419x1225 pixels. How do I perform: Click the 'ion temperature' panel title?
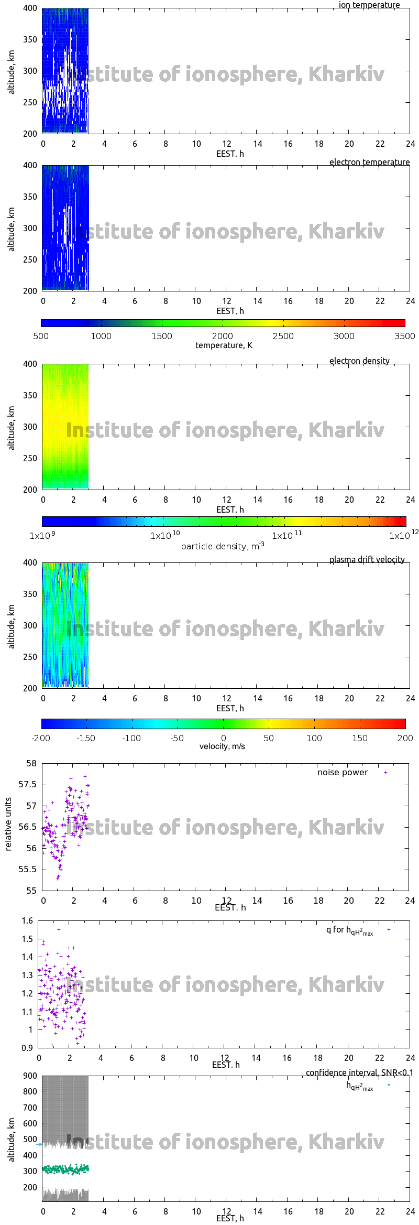369,5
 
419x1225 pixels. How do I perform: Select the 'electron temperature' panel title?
369,162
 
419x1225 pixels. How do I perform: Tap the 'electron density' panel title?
359,361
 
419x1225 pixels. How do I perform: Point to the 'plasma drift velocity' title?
367,560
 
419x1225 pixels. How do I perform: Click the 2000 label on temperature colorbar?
223,337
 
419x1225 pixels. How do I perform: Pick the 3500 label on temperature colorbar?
404,337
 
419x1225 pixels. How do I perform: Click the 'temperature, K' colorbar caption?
224,345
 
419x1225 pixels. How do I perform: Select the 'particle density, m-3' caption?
223,546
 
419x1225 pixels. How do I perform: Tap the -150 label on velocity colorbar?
86,738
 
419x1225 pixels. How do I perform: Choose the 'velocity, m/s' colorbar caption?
222,746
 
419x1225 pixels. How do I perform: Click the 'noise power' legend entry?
343,773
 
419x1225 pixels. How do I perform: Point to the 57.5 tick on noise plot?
28,785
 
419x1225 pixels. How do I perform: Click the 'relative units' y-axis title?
8,825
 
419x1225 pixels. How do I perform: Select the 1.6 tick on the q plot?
27,921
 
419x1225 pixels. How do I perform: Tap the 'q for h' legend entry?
349,930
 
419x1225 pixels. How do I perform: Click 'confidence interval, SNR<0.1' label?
359,1073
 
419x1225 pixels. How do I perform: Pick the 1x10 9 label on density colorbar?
42,536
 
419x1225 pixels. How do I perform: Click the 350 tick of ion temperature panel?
30,39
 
